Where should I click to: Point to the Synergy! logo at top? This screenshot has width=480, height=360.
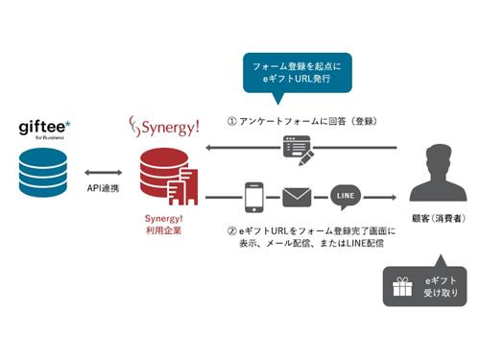(163, 127)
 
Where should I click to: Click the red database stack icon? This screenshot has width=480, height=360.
(165, 177)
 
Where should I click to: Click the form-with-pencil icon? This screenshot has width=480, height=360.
(294, 148)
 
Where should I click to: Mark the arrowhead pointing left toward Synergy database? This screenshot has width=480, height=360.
(209, 149)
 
